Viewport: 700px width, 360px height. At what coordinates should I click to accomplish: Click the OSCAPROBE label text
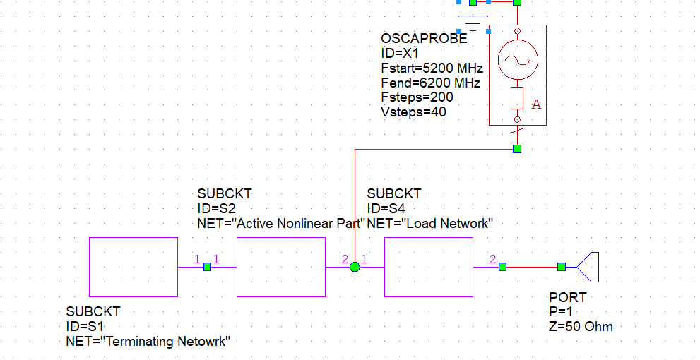tap(424, 40)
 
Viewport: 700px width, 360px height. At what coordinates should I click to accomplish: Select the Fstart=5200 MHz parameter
tap(432, 68)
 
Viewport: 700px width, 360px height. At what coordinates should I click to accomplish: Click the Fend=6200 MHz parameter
tap(430, 83)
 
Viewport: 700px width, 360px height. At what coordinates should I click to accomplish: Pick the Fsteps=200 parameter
tap(417, 97)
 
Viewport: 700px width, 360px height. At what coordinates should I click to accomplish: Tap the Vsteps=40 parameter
tap(413, 112)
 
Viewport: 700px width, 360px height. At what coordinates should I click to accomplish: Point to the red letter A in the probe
tap(536, 104)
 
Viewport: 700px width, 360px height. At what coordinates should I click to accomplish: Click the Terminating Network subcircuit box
tap(134, 267)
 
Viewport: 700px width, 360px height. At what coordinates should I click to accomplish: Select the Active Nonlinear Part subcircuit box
tap(280, 267)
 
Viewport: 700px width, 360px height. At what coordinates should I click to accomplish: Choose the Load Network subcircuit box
tap(428, 267)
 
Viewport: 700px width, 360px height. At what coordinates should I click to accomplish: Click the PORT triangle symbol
tap(588, 267)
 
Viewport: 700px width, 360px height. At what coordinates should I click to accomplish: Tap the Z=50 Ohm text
tap(581, 326)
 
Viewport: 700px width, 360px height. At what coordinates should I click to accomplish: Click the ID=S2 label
tap(216, 208)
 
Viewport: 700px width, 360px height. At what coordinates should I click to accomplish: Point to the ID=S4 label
tap(386, 208)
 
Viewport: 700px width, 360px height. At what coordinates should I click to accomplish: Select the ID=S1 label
tap(85, 326)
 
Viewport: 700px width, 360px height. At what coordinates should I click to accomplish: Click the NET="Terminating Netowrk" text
tap(148, 341)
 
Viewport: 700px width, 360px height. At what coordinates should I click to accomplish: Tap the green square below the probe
tap(517, 149)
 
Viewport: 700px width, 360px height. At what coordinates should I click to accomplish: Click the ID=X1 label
tap(400, 54)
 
